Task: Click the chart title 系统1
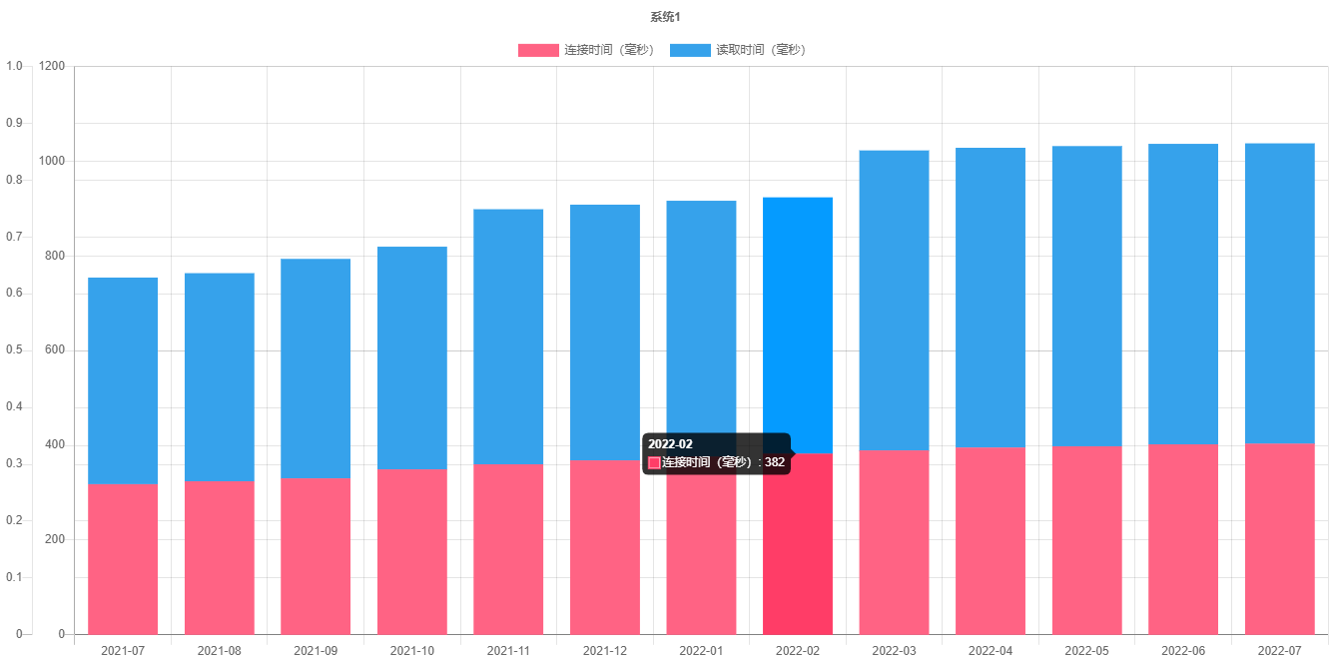click(665, 17)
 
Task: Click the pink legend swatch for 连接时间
click(538, 50)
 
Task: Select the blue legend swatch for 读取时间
click(690, 50)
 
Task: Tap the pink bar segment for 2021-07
click(123, 559)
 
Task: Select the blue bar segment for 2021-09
click(316, 368)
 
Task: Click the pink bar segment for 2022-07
click(1279, 538)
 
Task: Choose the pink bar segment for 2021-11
click(508, 549)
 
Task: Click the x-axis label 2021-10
click(412, 651)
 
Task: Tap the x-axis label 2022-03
click(894, 651)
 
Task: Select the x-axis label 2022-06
click(1183, 651)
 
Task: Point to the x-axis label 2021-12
click(605, 651)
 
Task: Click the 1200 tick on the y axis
click(52, 66)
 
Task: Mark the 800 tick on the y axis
click(55, 256)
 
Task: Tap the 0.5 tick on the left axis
click(14, 349)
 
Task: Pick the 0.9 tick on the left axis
click(14, 123)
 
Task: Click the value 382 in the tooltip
click(776, 462)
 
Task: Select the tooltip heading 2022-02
click(670, 444)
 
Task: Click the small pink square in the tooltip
click(655, 462)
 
